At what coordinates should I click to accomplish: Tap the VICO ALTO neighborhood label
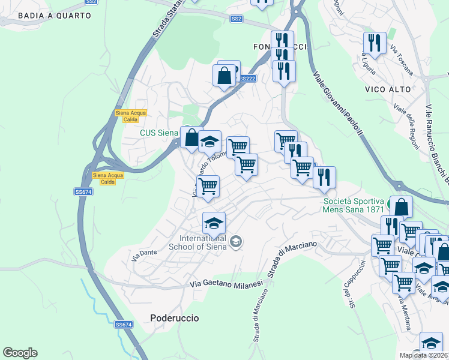(388, 89)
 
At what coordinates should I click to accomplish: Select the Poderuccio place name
(174, 317)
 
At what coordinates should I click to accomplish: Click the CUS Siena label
(158, 133)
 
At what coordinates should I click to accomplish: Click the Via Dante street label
(144, 254)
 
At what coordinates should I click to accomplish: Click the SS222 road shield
(247, 79)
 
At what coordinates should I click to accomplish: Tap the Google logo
(20, 353)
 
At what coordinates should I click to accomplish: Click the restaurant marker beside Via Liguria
(375, 43)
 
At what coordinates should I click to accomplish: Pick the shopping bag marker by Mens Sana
(401, 207)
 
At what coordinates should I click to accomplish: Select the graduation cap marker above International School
(214, 224)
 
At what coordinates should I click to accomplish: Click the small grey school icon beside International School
(237, 241)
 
